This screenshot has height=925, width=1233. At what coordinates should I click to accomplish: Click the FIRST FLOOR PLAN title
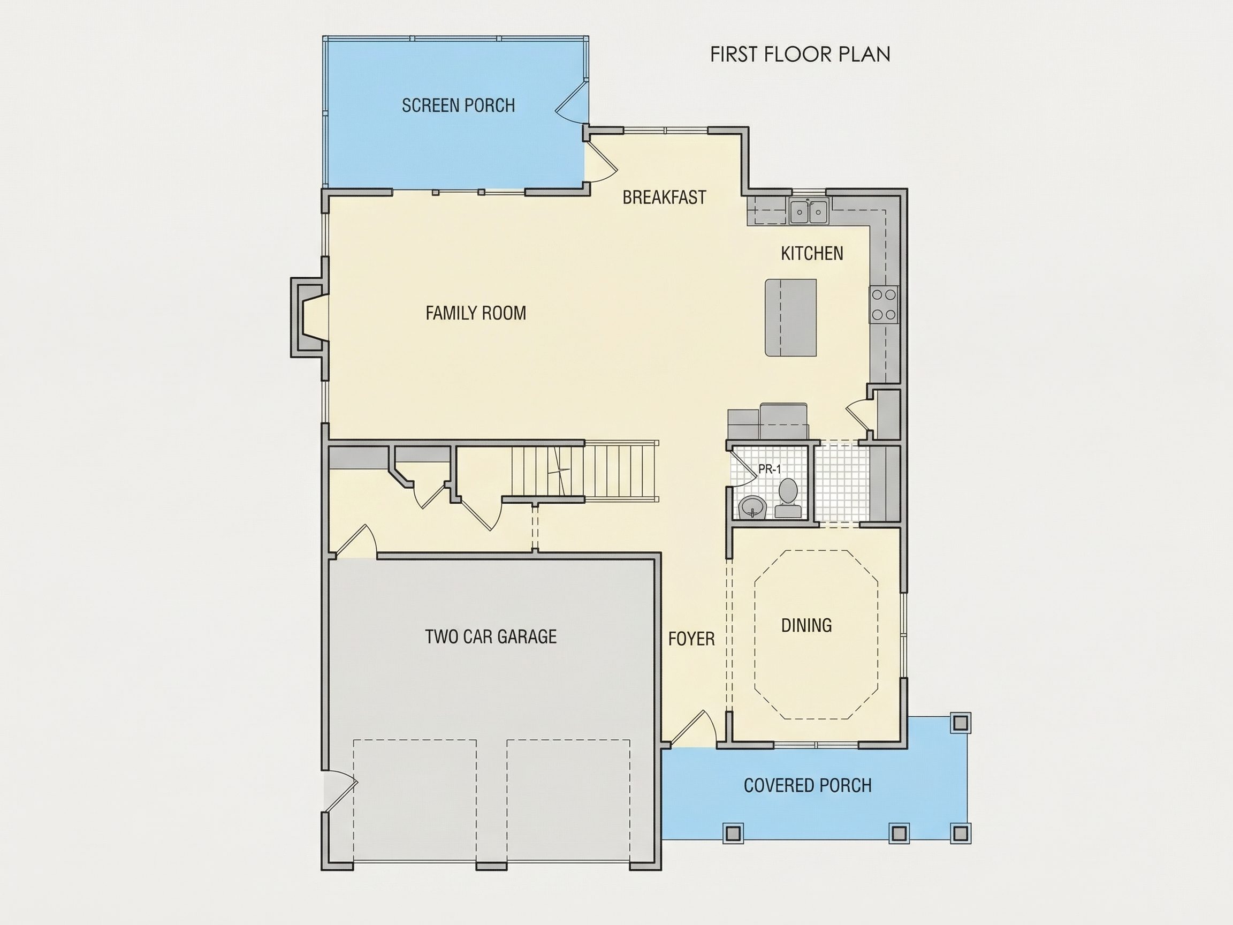[x=800, y=54]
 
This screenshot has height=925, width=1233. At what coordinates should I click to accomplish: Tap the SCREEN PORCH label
[x=458, y=105]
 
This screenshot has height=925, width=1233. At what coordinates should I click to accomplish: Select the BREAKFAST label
[x=665, y=198]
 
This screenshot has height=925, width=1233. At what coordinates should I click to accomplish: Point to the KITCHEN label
[x=812, y=254]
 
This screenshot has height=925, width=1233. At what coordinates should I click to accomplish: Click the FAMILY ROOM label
[x=475, y=313]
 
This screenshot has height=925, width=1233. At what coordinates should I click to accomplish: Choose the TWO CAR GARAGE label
[x=491, y=636]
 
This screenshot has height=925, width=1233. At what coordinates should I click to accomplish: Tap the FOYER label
[x=691, y=639]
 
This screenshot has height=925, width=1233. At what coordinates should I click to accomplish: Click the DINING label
[x=806, y=626]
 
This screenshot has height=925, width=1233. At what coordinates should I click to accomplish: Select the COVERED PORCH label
[x=808, y=786]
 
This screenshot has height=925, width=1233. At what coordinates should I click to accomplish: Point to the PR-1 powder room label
[x=770, y=469]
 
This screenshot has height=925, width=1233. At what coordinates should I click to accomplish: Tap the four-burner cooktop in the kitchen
[x=884, y=305]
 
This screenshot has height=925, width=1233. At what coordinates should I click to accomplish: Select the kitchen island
[x=790, y=318]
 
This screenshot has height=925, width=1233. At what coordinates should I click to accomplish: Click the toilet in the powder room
[x=788, y=498]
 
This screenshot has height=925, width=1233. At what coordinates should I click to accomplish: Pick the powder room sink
[x=752, y=507]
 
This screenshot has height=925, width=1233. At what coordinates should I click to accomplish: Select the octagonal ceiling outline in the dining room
[x=816, y=634]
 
